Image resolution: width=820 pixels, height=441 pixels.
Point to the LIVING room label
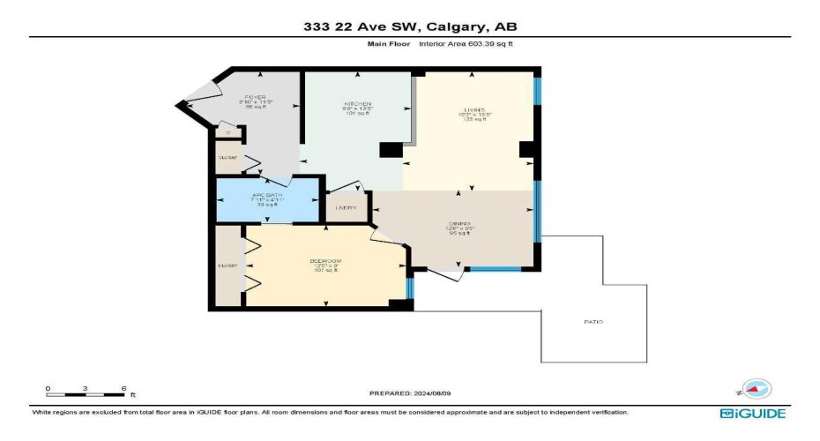point(475,110)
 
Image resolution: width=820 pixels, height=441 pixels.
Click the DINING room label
point(458,224)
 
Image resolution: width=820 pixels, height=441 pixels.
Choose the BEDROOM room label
point(325,261)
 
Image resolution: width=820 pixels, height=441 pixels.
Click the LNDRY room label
point(347,208)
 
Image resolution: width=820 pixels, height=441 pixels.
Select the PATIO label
point(593,322)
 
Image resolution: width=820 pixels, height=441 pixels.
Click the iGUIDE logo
point(751,413)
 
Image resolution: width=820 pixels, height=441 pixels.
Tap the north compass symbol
point(755,388)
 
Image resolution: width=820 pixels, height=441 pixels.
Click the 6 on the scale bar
point(124,388)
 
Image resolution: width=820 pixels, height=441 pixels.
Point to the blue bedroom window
point(409,288)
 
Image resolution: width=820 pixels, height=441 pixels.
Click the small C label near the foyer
point(228,133)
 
